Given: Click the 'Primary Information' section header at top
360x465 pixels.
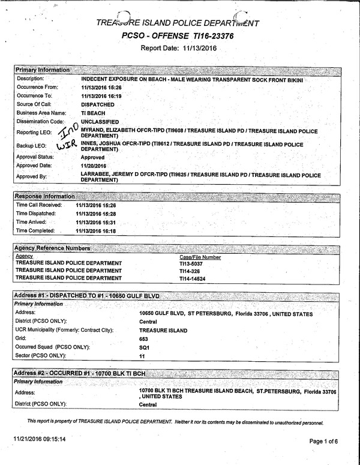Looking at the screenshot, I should [x=42, y=70].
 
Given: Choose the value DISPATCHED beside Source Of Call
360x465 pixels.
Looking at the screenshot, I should [x=97, y=104].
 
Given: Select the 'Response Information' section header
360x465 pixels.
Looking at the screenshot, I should [x=45, y=196].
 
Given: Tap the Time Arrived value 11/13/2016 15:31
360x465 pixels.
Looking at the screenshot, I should [x=96, y=222].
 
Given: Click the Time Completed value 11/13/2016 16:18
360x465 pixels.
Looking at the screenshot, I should [x=96, y=231].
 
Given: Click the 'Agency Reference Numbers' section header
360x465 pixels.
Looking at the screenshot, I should [x=52, y=248].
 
